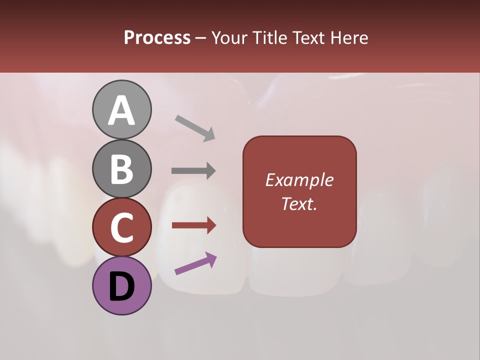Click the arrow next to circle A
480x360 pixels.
195,128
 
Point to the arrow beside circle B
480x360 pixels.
193,171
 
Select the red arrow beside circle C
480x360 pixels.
194,225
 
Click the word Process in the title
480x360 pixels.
157,38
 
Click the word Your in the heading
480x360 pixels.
230,38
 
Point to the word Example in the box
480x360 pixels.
299,180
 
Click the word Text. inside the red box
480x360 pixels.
299,204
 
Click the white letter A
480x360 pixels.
121,111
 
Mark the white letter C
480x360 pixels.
121,228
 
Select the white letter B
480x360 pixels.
121,169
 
